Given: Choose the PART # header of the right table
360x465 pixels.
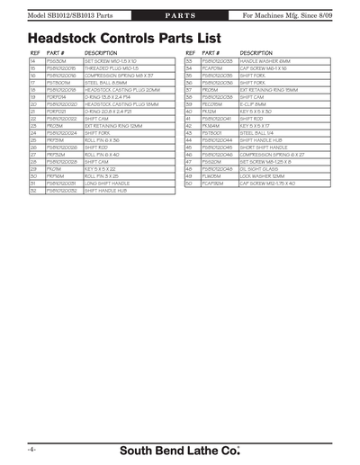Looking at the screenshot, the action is point(212,53).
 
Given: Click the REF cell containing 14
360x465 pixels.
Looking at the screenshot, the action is point(33,60).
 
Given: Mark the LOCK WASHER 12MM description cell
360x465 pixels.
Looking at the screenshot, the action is point(262,175).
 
